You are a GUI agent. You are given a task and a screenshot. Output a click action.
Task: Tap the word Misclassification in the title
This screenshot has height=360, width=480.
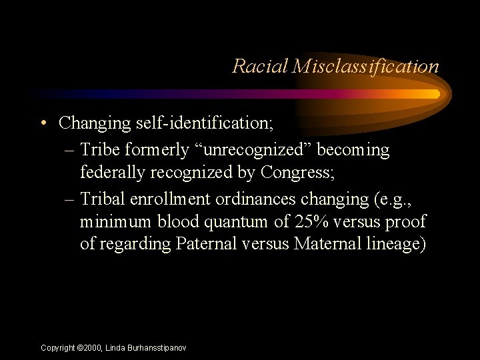click(x=365, y=66)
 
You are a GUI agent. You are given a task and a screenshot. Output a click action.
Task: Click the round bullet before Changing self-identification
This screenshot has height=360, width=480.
click(x=43, y=123)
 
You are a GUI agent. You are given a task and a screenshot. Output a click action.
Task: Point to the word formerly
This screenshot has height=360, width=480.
click(x=153, y=151)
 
